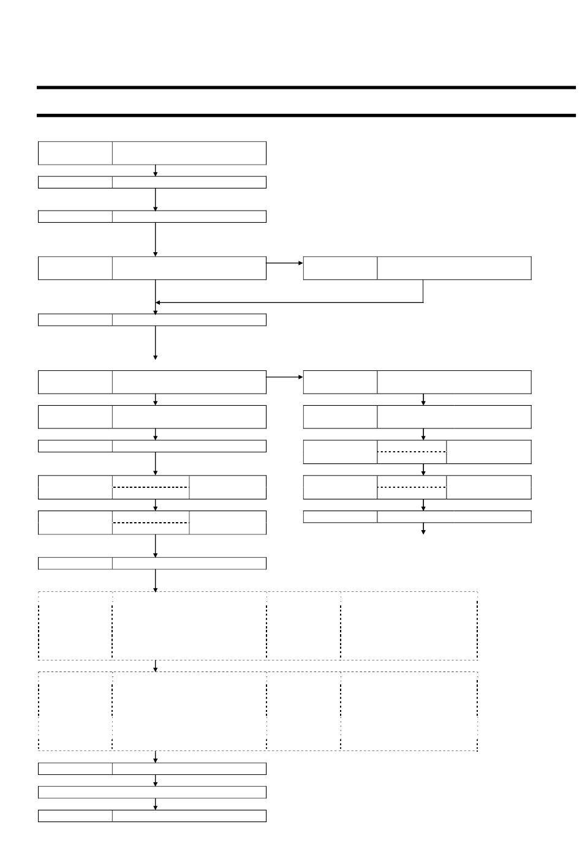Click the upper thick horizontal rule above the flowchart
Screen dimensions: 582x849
(306, 88)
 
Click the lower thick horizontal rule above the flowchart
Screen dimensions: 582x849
(306, 115)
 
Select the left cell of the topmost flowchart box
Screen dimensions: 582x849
(75, 153)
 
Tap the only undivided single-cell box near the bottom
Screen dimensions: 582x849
(152, 792)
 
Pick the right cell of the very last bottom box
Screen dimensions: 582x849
(189, 815)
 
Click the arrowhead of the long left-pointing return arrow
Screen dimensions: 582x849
(159, 302)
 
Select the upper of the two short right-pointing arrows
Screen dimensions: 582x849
(285, 263)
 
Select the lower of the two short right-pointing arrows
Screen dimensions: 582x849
(285, 377)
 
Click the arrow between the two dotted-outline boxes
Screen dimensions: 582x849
(156, 666)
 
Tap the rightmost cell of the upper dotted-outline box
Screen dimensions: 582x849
(409, 626)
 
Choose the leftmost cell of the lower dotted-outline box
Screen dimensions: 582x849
(75, 711)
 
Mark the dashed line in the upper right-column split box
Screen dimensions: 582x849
(412, 452)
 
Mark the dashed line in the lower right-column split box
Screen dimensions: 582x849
(412, 487)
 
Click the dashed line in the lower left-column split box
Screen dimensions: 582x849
(151, 523)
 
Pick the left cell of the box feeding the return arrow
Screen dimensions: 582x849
(341, 268)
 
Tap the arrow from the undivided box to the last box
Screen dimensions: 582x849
(156, 804)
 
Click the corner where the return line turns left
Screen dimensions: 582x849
(423, 302)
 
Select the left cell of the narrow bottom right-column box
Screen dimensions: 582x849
(340, 517)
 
